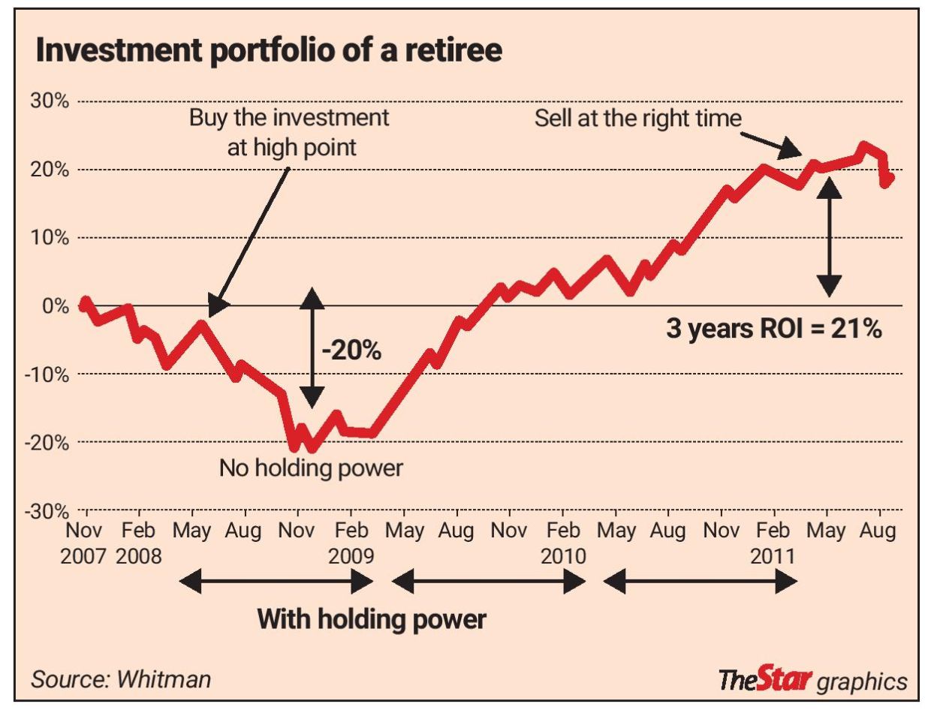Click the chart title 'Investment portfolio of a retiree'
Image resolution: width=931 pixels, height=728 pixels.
click(x=269, y=50)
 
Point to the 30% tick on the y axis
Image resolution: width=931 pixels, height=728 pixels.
click(x=50, y=101)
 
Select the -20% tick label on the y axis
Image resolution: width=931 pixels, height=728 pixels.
click(x=47, y=442)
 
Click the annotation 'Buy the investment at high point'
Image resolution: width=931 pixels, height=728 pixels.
click(x=290, y=132)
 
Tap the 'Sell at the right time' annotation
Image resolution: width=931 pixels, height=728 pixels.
click(x=637, y=118)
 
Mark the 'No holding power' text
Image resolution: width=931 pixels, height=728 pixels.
click(x=311, y=468)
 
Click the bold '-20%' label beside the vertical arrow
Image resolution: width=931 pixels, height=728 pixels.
click(x=351, y=350)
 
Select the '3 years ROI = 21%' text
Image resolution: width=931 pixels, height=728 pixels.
click(x=773, y=329)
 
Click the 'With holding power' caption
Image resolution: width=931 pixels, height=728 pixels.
click(x=372, y=619)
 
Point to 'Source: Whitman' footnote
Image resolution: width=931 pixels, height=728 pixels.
click(x=121, y=679)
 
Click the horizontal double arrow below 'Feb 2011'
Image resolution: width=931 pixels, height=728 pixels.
click(x=700, y=581)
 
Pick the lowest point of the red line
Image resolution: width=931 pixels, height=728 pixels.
click(x=312, y=448)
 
